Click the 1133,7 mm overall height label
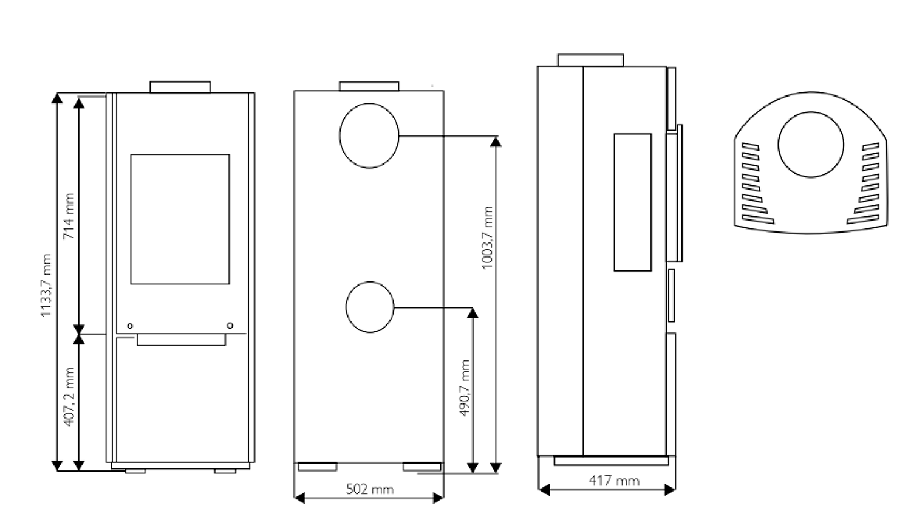pyautogui.click(x=46, y=285)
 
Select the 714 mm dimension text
pyautogui.click(x=69, y=216)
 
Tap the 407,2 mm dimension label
pyautogui.click(x=69, y=397)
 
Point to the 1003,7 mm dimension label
pyautogui.click(x=487, y=238)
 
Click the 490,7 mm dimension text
pyautogui.click(x=464, y=388)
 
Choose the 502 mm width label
pyautogui.click(x=370, y=489)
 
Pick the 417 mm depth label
pyautogui.click(x=614, y=481)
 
